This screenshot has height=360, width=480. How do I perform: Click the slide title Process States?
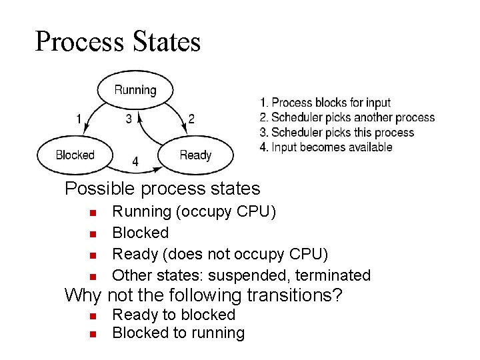pyautogui.click(x=117, y=41)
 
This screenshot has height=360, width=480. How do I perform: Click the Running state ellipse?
pyautogui.click(x=135, y=89)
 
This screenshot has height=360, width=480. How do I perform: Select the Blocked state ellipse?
pyautogui.click(x=75, y=155)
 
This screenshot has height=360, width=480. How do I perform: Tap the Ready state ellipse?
pyautogui.click(x=195, y=155)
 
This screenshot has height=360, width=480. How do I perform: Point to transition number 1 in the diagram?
pyautogui.click(x=79, y=119)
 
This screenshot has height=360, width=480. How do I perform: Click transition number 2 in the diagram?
pyautogui.click(x=191, y=119)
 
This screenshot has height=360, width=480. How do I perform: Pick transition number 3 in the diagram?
pyautogui.click(x=129, y=119)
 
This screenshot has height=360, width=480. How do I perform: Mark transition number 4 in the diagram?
pyautogui.click(x=135, y=162)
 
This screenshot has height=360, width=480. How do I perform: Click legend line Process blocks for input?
pyautogui.click(x=325, y=103)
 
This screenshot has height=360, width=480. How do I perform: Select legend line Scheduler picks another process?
pyautogui.click(x=347, y=117)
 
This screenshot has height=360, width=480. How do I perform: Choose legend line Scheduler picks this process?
pyautogui.click(x=337, y=132)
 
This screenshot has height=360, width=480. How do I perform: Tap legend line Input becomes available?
pyautogui.click(x=326, y=147)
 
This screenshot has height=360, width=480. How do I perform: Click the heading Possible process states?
pyautogui.click(x=162, y=189)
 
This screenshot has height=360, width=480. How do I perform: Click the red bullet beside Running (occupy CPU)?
pyautogui.click(x=93, y=213)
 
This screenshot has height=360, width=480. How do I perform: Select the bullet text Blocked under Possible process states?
pyautogui.click(x=140, y=233)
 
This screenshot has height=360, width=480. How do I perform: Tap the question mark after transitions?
pyautogui.click(x=337, y=295)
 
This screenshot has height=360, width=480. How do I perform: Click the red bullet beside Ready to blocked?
pyautogui.click(x=93, y=315)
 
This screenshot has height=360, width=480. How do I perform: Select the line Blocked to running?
pyautogui.click(x=178, y=333)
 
